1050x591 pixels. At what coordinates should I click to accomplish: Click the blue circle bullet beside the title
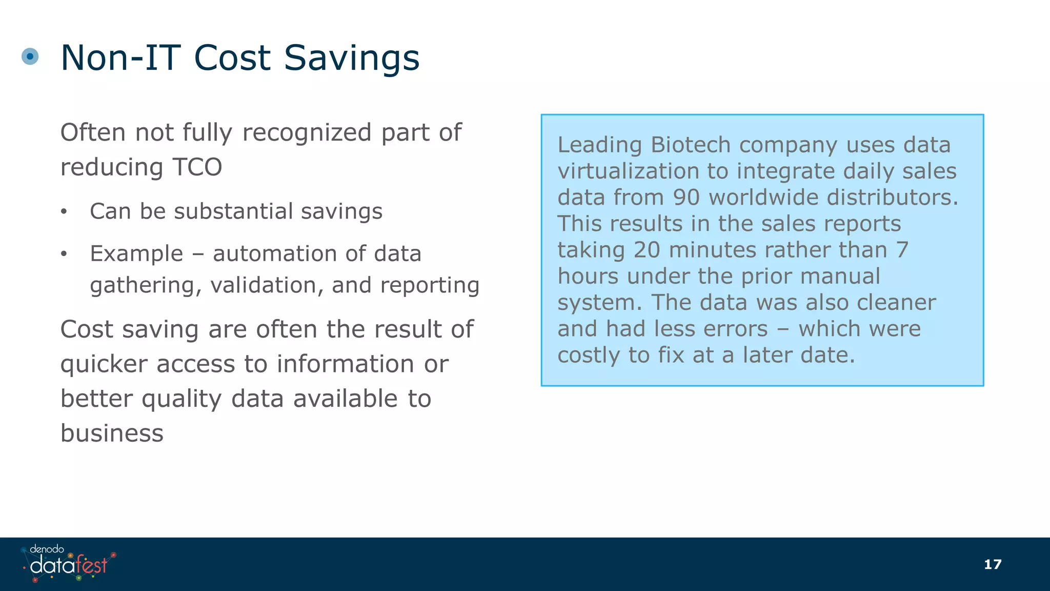tap(30, 56)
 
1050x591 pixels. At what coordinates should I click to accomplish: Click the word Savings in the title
tap(352, 57)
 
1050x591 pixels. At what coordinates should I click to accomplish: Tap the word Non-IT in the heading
tap(120, 57)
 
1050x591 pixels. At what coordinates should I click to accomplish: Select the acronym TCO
tap(197, 167)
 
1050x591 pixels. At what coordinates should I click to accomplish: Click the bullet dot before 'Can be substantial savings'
tap(64, 212)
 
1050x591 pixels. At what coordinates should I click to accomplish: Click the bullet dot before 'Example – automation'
tap(64, 254)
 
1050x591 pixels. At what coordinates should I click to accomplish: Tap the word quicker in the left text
tap(104, 364)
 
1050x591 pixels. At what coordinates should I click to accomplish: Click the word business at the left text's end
tap(112, 433)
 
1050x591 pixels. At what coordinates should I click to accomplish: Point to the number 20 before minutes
tap(647, 250)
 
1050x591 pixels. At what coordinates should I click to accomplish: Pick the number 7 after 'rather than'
tap(902, 250)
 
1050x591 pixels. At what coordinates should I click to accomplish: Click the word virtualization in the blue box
tap(628, 171)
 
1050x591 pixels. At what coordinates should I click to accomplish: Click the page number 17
tap(993, 564)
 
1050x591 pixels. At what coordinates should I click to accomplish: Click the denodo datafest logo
tap(68, 563)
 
